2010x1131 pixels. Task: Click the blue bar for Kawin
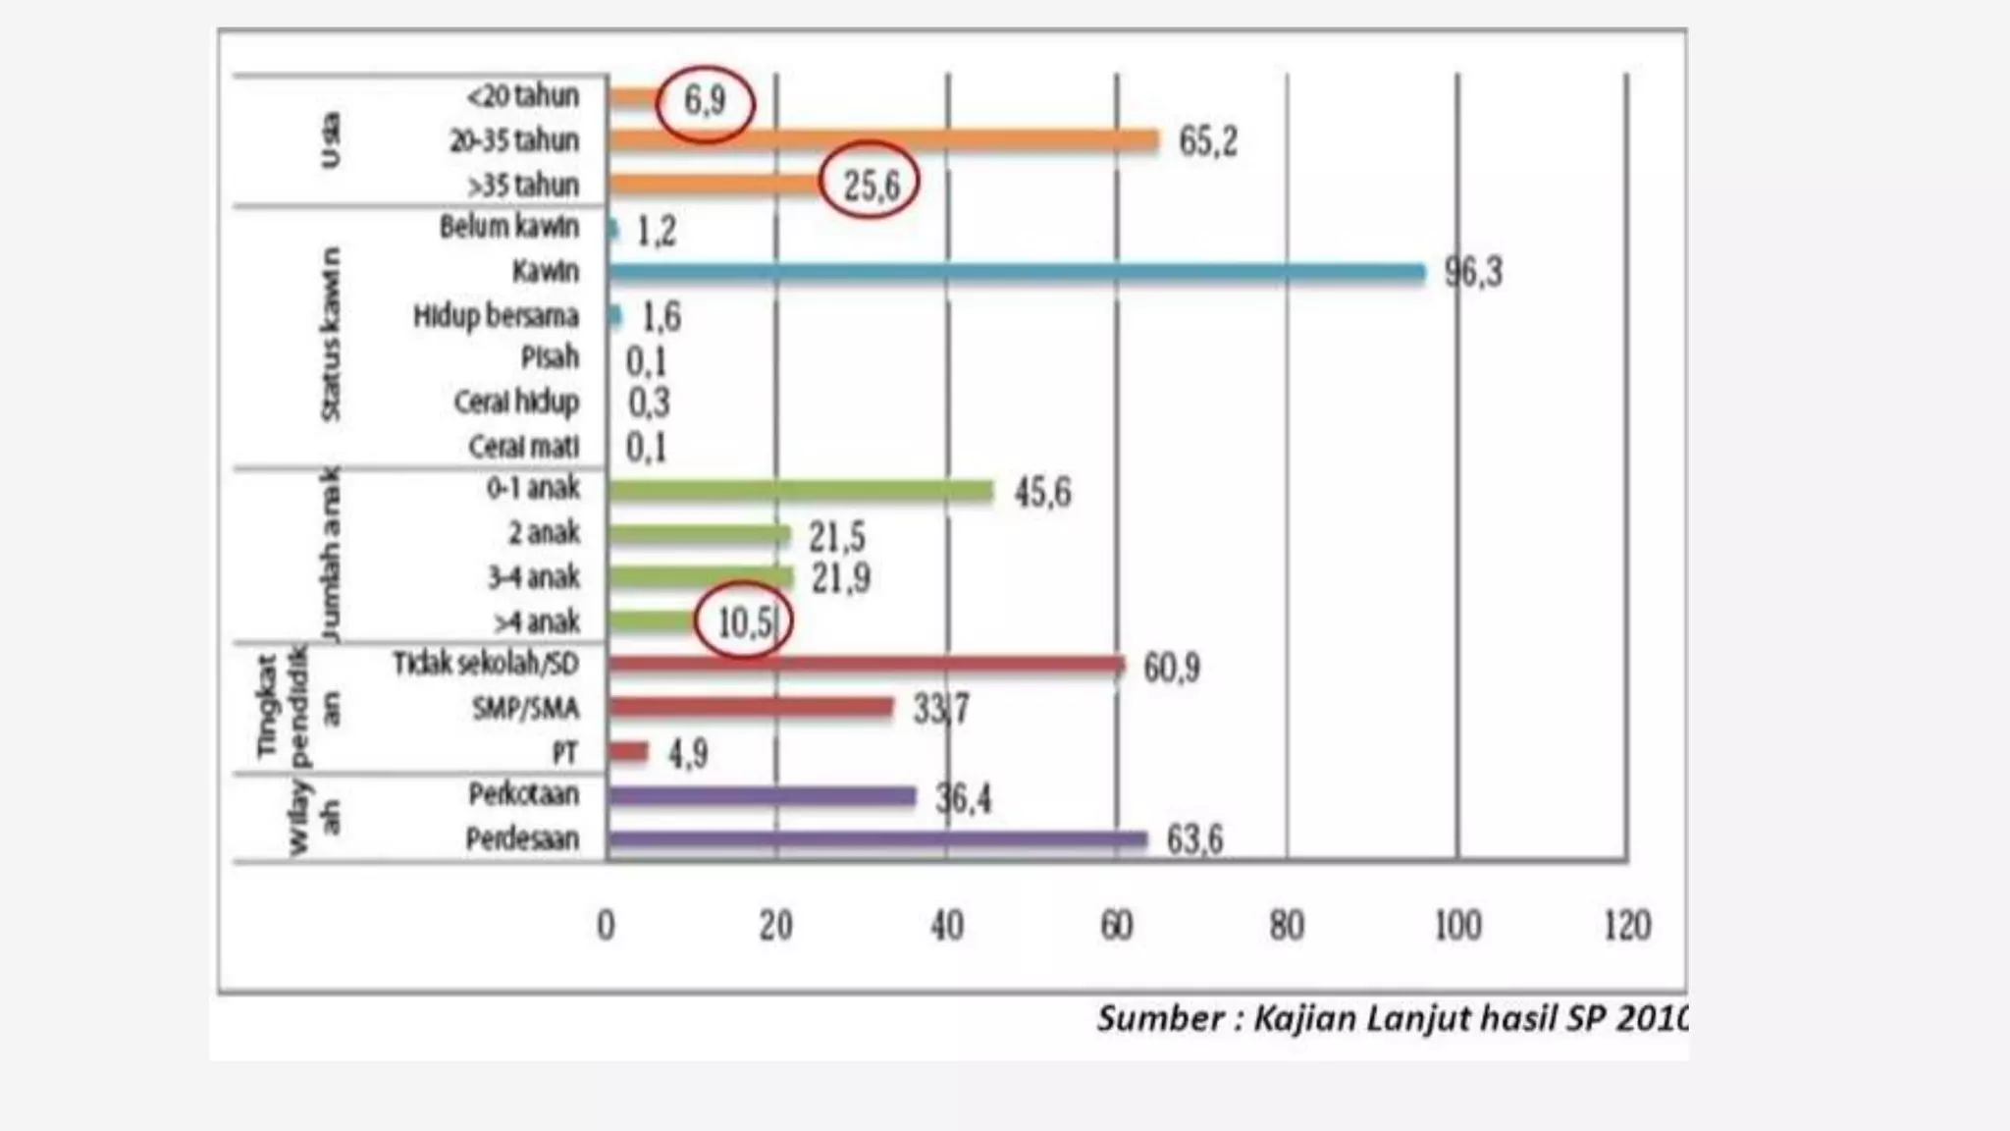click(1016, 272)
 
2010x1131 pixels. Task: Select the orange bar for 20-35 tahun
click(883, 140)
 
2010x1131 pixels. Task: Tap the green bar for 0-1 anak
click(801, 490)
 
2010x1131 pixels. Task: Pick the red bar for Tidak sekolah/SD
click(866, 665)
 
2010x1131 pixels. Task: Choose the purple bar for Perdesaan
click(877, 839)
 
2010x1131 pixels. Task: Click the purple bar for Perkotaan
click(762, 796)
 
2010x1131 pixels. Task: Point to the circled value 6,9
click(705, 100)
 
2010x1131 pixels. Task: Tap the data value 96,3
click(1473, 272)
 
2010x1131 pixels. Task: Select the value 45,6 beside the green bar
click(1042, 492)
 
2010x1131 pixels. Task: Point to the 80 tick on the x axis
click(1287, 926)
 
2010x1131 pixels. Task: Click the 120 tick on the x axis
click(1627, 926)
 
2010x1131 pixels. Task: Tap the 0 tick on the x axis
click(607, 926)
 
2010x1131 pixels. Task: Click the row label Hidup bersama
click(496, 316)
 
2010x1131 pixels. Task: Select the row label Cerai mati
click(523, 447)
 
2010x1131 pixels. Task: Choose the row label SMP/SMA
click(525, 708)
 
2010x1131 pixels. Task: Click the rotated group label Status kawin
click(331, 334)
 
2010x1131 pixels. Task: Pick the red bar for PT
click(628, 752)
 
